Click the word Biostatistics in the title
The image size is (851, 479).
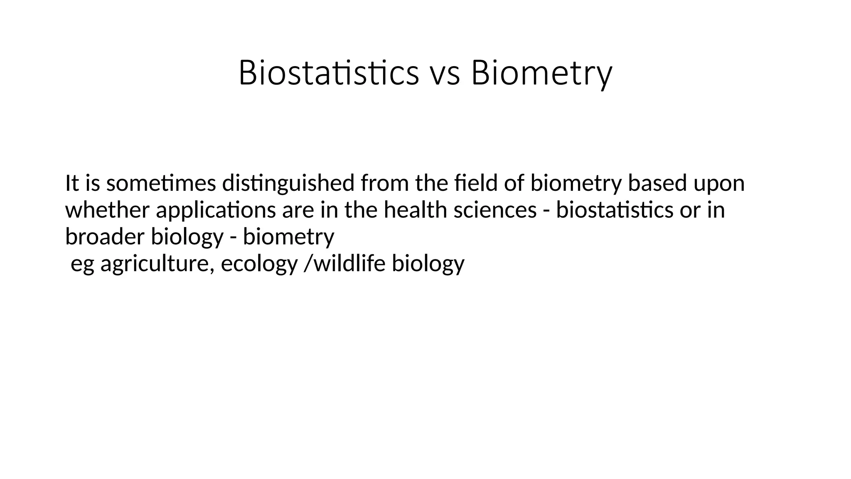point(328,73)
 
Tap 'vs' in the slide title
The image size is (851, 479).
point(444,73)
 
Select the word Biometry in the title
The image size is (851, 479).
point(541,73)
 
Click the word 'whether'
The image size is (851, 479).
point(107,210)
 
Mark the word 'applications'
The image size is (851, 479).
point(216,210)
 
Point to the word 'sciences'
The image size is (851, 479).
point(495,210)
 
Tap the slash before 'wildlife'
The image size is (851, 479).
point(307,264)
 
